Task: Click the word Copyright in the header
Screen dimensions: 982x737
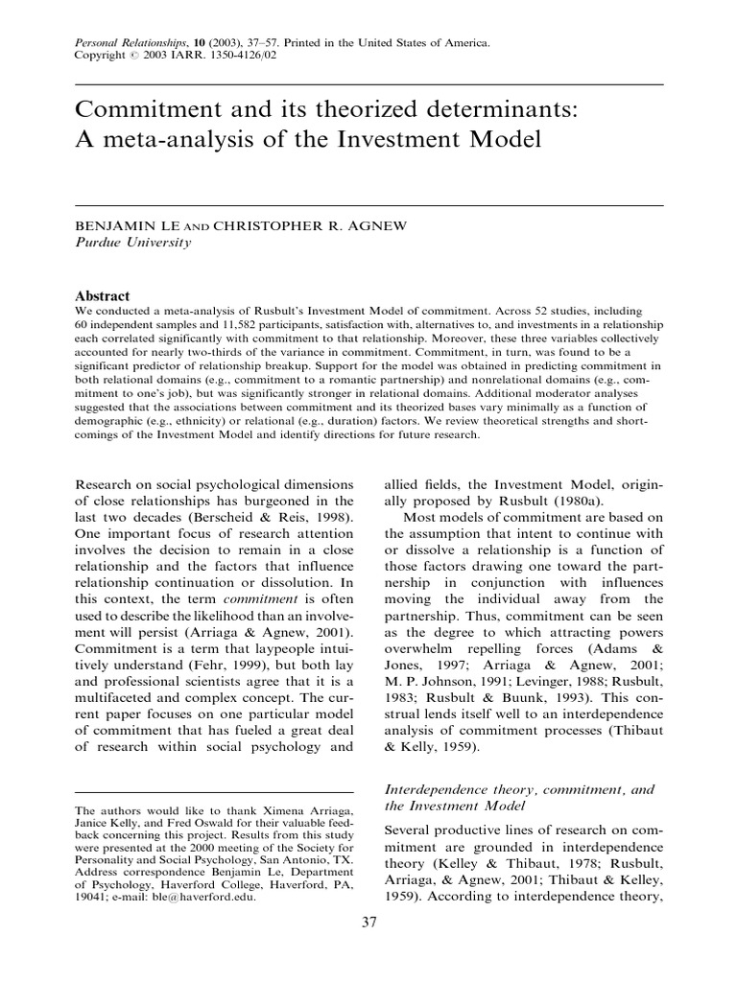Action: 99,56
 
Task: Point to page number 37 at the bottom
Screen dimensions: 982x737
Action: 368,923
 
